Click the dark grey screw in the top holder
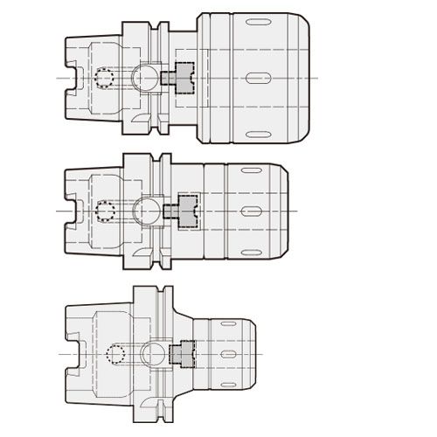tap(180, 79)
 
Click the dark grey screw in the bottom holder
tap(183, 353)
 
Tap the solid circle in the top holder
tap(143, 79)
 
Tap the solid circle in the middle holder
tap(148, 211)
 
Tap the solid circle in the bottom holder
tap(154, 353)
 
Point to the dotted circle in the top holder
tap(106, 79)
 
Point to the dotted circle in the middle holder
tap(107, 212)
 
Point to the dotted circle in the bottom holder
tap(114, 354)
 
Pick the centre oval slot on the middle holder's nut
tap(250, 212)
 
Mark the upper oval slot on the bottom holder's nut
tap(229, 324)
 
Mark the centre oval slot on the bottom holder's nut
tap(231, 353)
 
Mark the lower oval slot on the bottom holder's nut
tap(229, 382)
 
